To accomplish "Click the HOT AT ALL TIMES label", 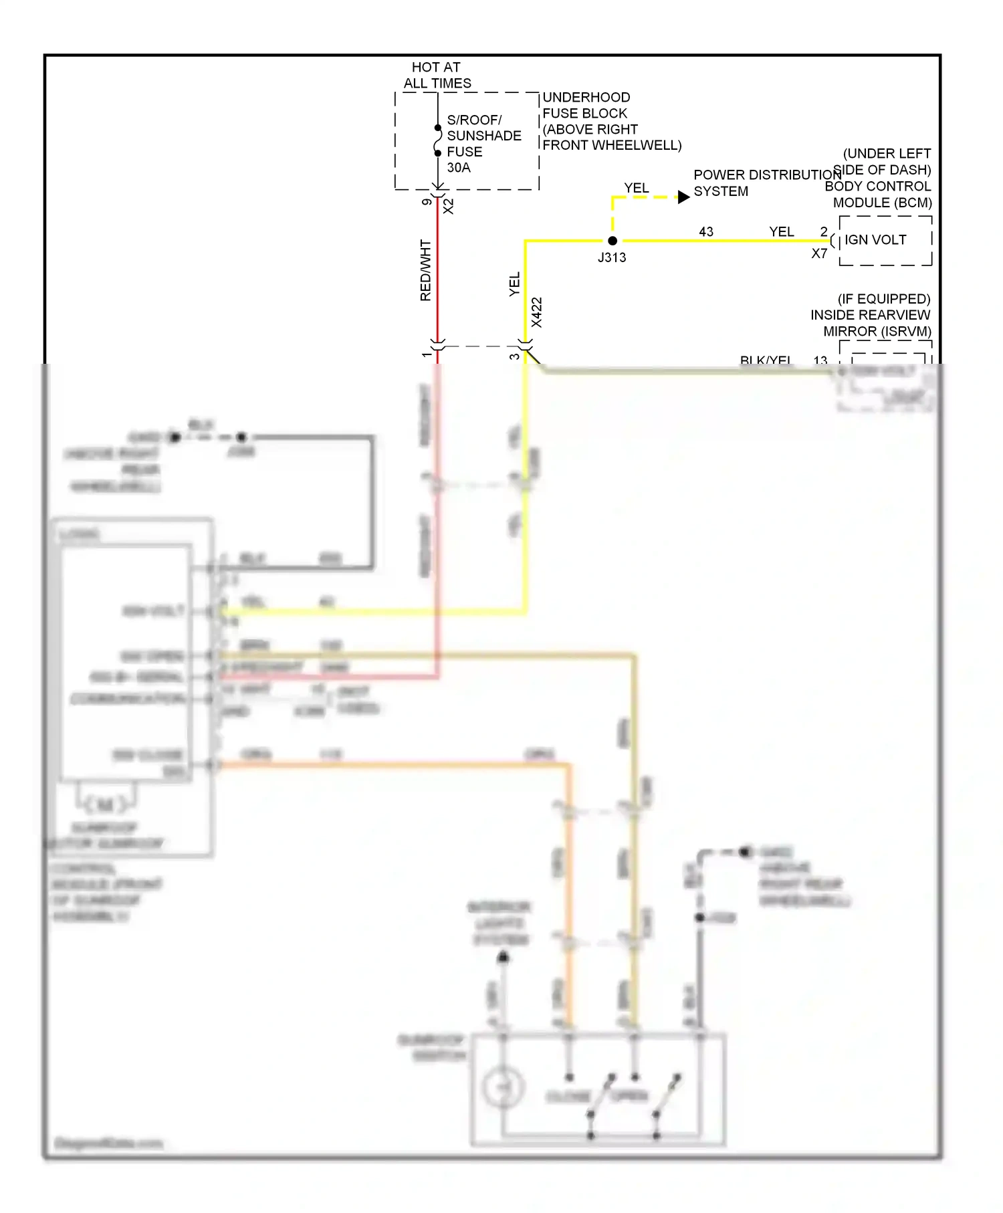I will point(437,76).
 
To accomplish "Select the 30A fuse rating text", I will point(459,168).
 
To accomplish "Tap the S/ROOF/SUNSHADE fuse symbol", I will point(438,140).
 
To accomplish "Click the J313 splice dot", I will point(612,241).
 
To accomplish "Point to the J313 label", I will point(611,257).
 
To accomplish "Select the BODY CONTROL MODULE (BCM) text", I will point(878,194).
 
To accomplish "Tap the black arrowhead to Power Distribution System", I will point(683,197).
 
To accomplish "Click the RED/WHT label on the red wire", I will point(426,270).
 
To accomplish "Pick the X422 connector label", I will point(536,312).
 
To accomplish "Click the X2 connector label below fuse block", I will point(449,206).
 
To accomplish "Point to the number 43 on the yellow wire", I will point(706,232).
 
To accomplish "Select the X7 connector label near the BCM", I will point(819,254).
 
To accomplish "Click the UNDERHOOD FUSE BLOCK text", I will point(586,106).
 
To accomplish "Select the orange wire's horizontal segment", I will point(395,764).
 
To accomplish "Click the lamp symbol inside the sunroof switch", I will point(501,1087).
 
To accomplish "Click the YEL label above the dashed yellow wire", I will point(636,189).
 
